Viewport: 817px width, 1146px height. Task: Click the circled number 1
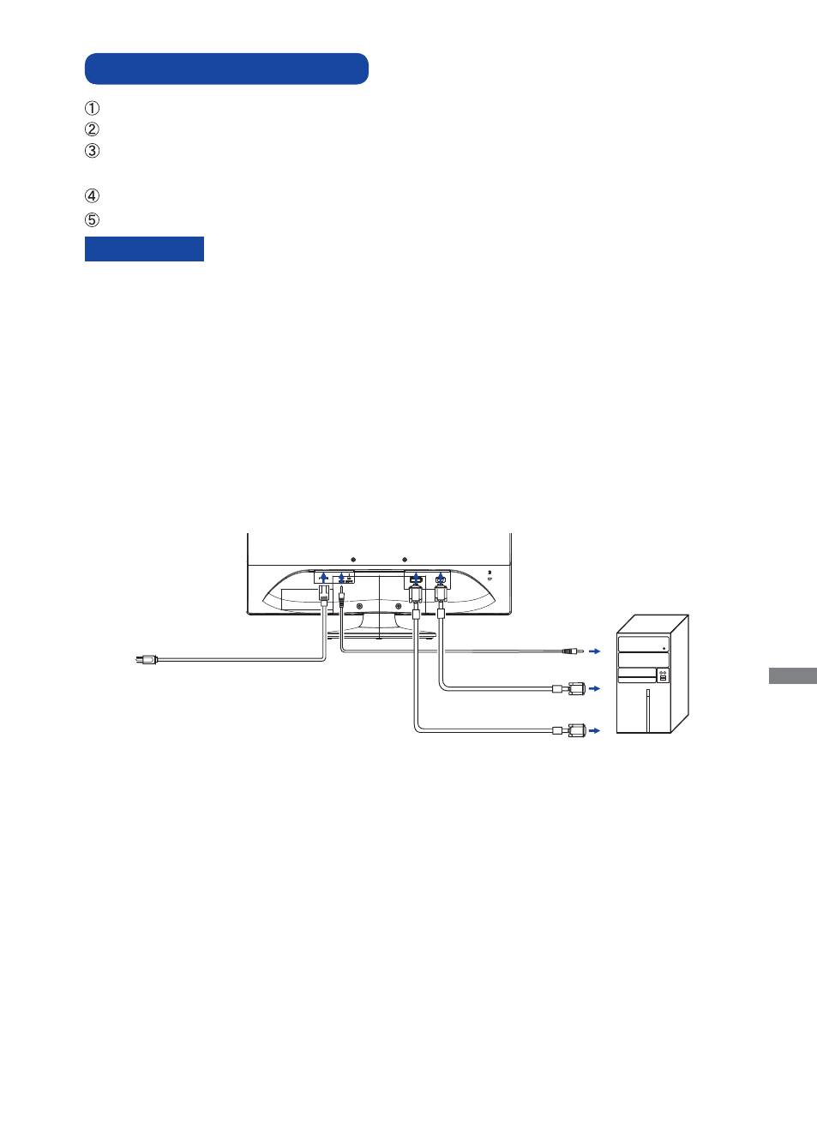click(x=92, y=109)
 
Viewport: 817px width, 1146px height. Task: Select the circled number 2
click(x=92, y=129)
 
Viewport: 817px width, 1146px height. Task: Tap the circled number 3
click(x=92, y=151)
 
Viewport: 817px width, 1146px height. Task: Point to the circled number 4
click(x=92, y=196)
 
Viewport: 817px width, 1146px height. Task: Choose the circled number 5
click(x=92, y=220)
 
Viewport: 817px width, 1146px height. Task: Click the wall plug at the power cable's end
click(x=147, y=660)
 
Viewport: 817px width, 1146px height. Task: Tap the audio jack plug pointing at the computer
click(x=573, y=651)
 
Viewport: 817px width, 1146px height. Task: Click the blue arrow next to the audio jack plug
click(x=594, y=651)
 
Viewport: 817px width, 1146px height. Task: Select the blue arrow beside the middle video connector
click(x=594, y=688)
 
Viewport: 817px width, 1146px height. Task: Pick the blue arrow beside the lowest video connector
click(x=594, y=730)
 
